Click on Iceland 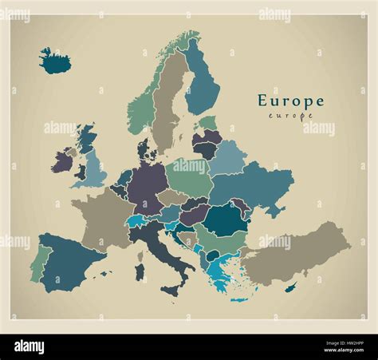55,61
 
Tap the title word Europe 290,101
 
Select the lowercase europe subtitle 290,117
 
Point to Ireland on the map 63,162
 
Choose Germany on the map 148,188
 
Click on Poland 189,176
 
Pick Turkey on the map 295,254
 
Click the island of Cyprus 292,287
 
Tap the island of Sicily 170,291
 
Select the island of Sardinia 140,271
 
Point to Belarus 227,157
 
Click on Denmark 145,149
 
